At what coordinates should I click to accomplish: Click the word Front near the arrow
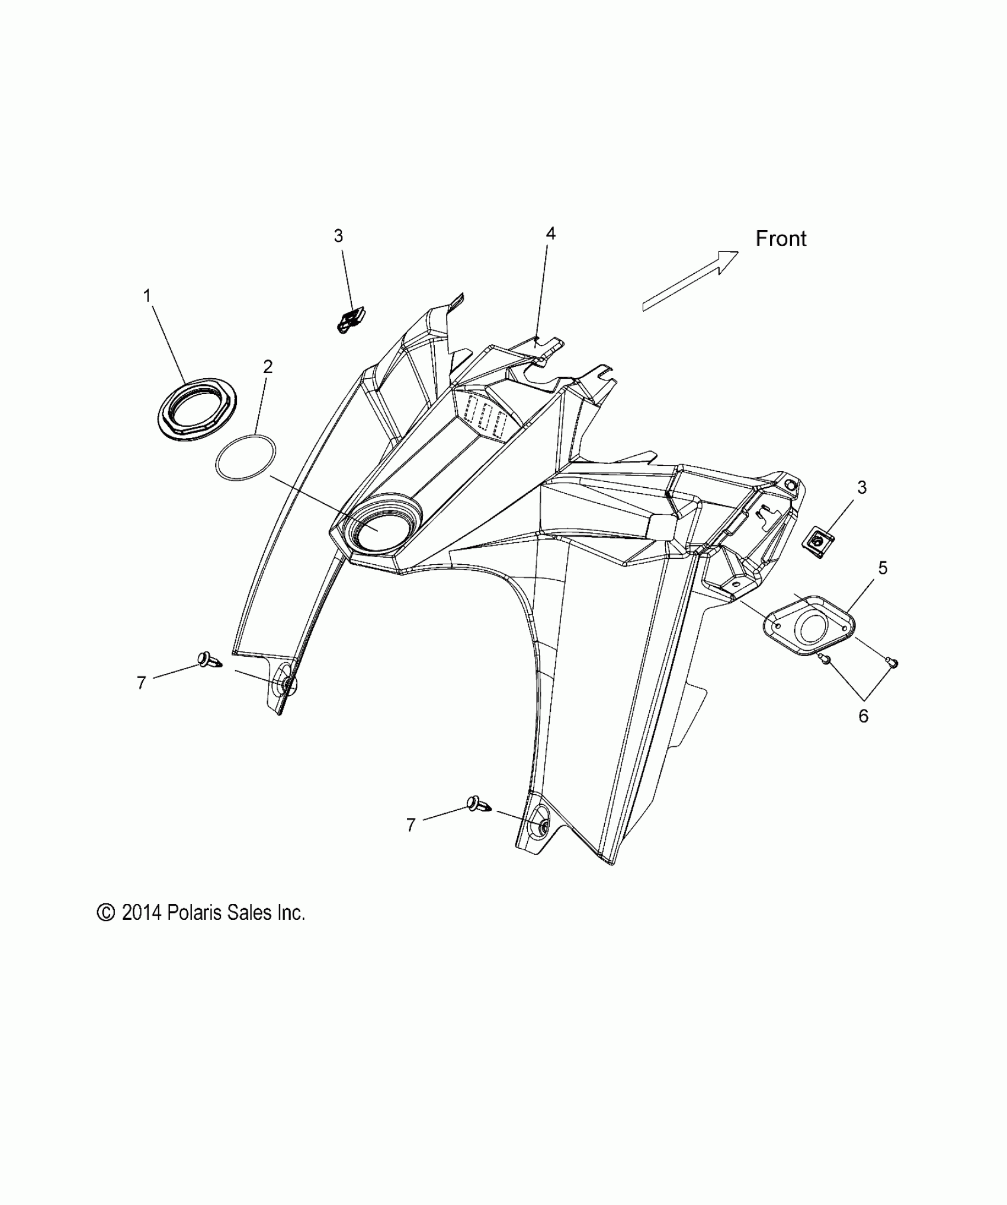click(781, 238)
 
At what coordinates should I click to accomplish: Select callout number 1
click(147, 295)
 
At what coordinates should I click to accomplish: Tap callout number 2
click(268, 367)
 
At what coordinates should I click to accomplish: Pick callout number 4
click(550, 234)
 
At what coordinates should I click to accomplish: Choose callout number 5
click(883, 568)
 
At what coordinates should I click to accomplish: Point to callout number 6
click(863, 716)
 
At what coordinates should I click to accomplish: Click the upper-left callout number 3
click(338, 236)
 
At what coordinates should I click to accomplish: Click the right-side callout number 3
click(862, 487)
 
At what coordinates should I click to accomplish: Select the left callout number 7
click(141, 683)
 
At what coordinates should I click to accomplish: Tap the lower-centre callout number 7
click(411, 825)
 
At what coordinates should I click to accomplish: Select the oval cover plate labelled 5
click(809, 627)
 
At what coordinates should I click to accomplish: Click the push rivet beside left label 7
click(208, 659)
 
